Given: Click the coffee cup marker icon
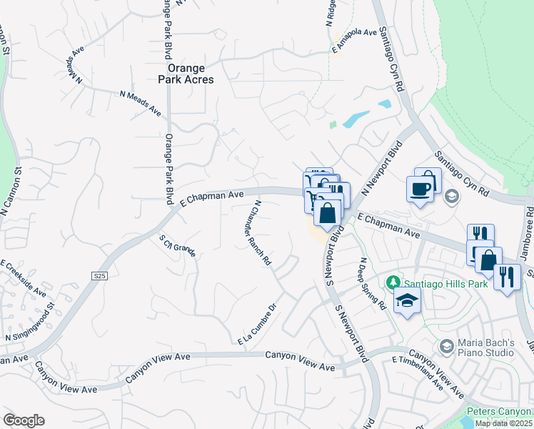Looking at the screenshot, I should [x=419, y=189].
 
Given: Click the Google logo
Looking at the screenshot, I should [x=24, y=420].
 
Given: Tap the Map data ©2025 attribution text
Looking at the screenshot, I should [x=503, y=423].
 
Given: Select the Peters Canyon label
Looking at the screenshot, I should [x=499, y=412].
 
